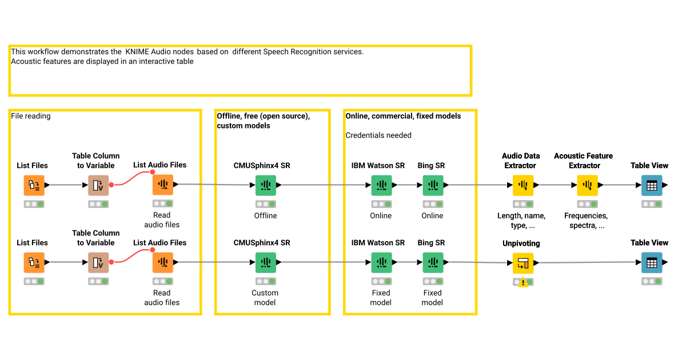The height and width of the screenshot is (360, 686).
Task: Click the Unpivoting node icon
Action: (x=523, y=263)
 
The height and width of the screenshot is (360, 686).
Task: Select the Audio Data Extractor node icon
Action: (x=523, y=185)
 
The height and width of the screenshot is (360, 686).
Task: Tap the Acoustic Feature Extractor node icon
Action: (x=587, y=185)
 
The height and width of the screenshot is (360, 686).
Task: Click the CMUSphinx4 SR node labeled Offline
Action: (x=265, y=185)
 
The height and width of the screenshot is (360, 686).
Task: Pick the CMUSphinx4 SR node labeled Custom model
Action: (x=265, y=263)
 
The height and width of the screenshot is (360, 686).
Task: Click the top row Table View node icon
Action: (x=652, y=185)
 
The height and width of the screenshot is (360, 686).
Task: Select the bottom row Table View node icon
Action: (x=652, y=263)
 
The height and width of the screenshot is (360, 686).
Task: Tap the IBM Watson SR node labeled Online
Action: (x=381, y=185)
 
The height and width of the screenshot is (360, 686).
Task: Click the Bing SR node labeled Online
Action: (x=433, y=185)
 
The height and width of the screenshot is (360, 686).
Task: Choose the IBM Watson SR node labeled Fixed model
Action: (x=381, y=263)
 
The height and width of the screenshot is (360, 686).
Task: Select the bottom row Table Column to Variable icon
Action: (x=98, y=263)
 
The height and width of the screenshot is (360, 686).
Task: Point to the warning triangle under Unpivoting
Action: (x=523, y=283)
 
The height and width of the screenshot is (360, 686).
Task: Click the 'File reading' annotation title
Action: (x=31, y=116)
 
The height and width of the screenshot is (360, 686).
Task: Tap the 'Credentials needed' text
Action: (x=378, y=135)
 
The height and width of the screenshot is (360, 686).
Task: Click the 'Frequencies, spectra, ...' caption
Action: (x=587, y=221)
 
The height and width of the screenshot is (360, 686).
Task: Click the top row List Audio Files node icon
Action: (x=162, y=185)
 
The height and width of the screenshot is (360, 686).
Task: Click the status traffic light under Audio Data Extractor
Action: (x=523, y=204)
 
